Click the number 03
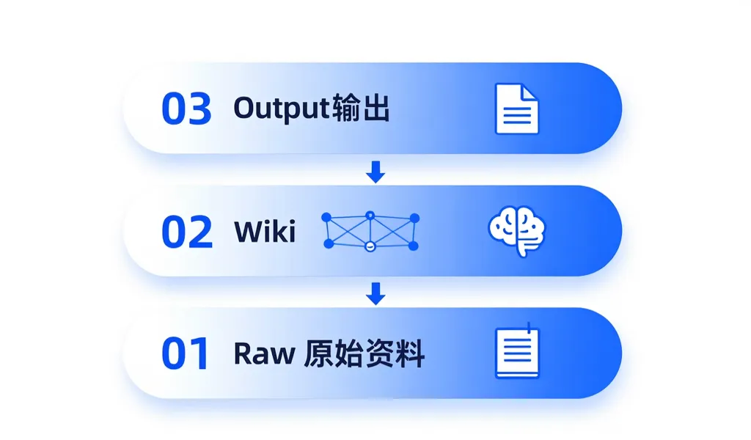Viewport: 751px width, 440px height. (x=186, y=109)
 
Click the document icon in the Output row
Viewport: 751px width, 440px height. (x=516, y=109)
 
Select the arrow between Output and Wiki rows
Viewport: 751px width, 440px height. (x=375, y=172)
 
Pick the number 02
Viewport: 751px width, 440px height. (x=186, y=232)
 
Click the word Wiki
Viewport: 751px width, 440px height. (x=265, y=232)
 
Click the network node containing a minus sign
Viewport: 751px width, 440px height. (x=370, y=246)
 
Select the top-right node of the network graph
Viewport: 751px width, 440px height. (x=414, y=218)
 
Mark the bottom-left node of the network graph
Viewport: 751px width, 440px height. (x=328, y=245)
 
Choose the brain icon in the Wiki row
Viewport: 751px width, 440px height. (x=517, y=232)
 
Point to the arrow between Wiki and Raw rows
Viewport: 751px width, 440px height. (x=375, y=294)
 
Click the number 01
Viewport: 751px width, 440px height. (x=185, y=354)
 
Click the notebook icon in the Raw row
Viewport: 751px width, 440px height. (x=517, y=352)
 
